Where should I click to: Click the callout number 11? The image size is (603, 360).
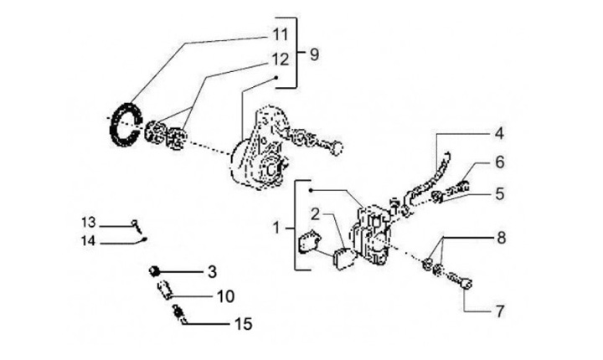(x=279, y=35)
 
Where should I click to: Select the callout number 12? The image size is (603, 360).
(x=279, y=59)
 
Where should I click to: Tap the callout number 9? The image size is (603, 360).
(x=314, y=55)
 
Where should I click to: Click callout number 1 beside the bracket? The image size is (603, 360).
(x=276, y=227)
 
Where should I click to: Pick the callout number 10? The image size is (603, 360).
(x=225, y=296)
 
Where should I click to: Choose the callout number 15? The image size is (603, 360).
(x=242, y=323)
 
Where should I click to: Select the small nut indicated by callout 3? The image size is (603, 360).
(x=154, y=269)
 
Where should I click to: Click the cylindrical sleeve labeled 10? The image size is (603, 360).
(x=165, y=292)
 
